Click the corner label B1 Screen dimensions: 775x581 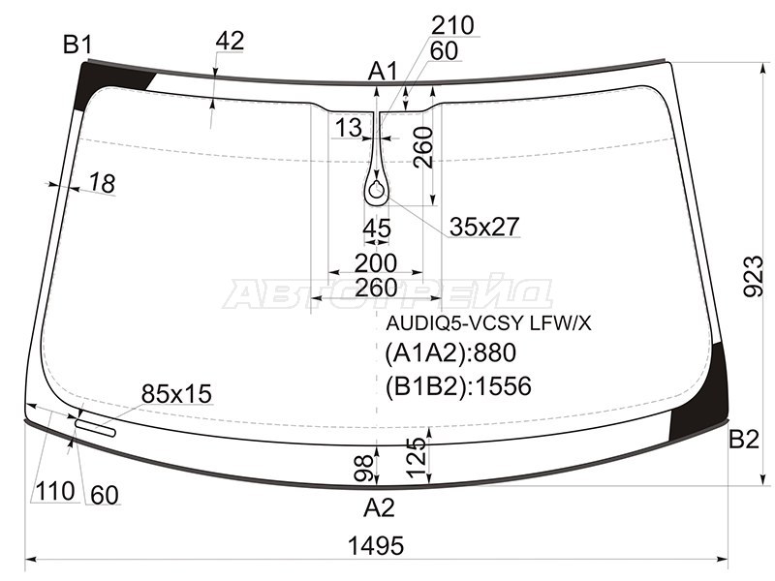[x=77, y=45]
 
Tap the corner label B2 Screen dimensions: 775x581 [x=744, y=439]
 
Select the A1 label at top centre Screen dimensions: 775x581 [x=383, y=72]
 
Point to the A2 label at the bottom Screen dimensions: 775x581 [x=379, y=507]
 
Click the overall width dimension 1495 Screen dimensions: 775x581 [x=376, y=545]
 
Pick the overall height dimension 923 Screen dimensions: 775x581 [x=754, y=276]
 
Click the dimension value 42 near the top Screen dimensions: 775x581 [x=230, y=41]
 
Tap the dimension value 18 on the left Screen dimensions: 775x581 [x=103, y=183]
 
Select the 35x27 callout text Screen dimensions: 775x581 [x=484, y=227]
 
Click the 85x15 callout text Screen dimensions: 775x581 [x=176, y=394]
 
